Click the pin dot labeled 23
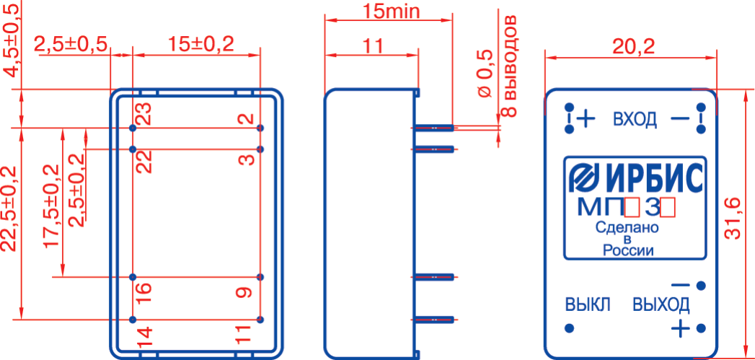133,128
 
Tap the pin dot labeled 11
260,319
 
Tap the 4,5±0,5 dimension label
12,38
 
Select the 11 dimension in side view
372,46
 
